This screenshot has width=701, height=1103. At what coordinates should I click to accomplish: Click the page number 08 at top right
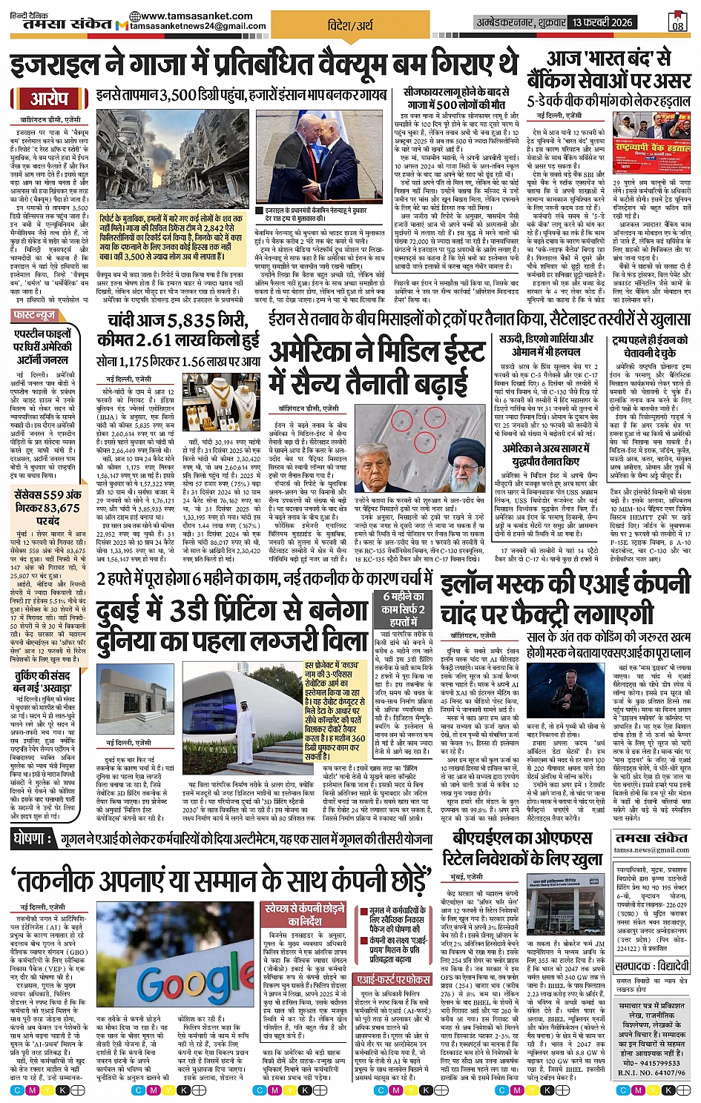pos(677,22)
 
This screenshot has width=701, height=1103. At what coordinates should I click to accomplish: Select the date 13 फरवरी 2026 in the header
pos(602,22)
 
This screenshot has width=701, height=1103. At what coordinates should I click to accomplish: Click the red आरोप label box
pos(49,99)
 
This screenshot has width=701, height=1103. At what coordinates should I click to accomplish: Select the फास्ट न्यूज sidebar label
pos(35,316)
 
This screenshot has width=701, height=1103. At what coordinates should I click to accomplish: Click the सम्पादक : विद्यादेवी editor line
pos(653,966)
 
